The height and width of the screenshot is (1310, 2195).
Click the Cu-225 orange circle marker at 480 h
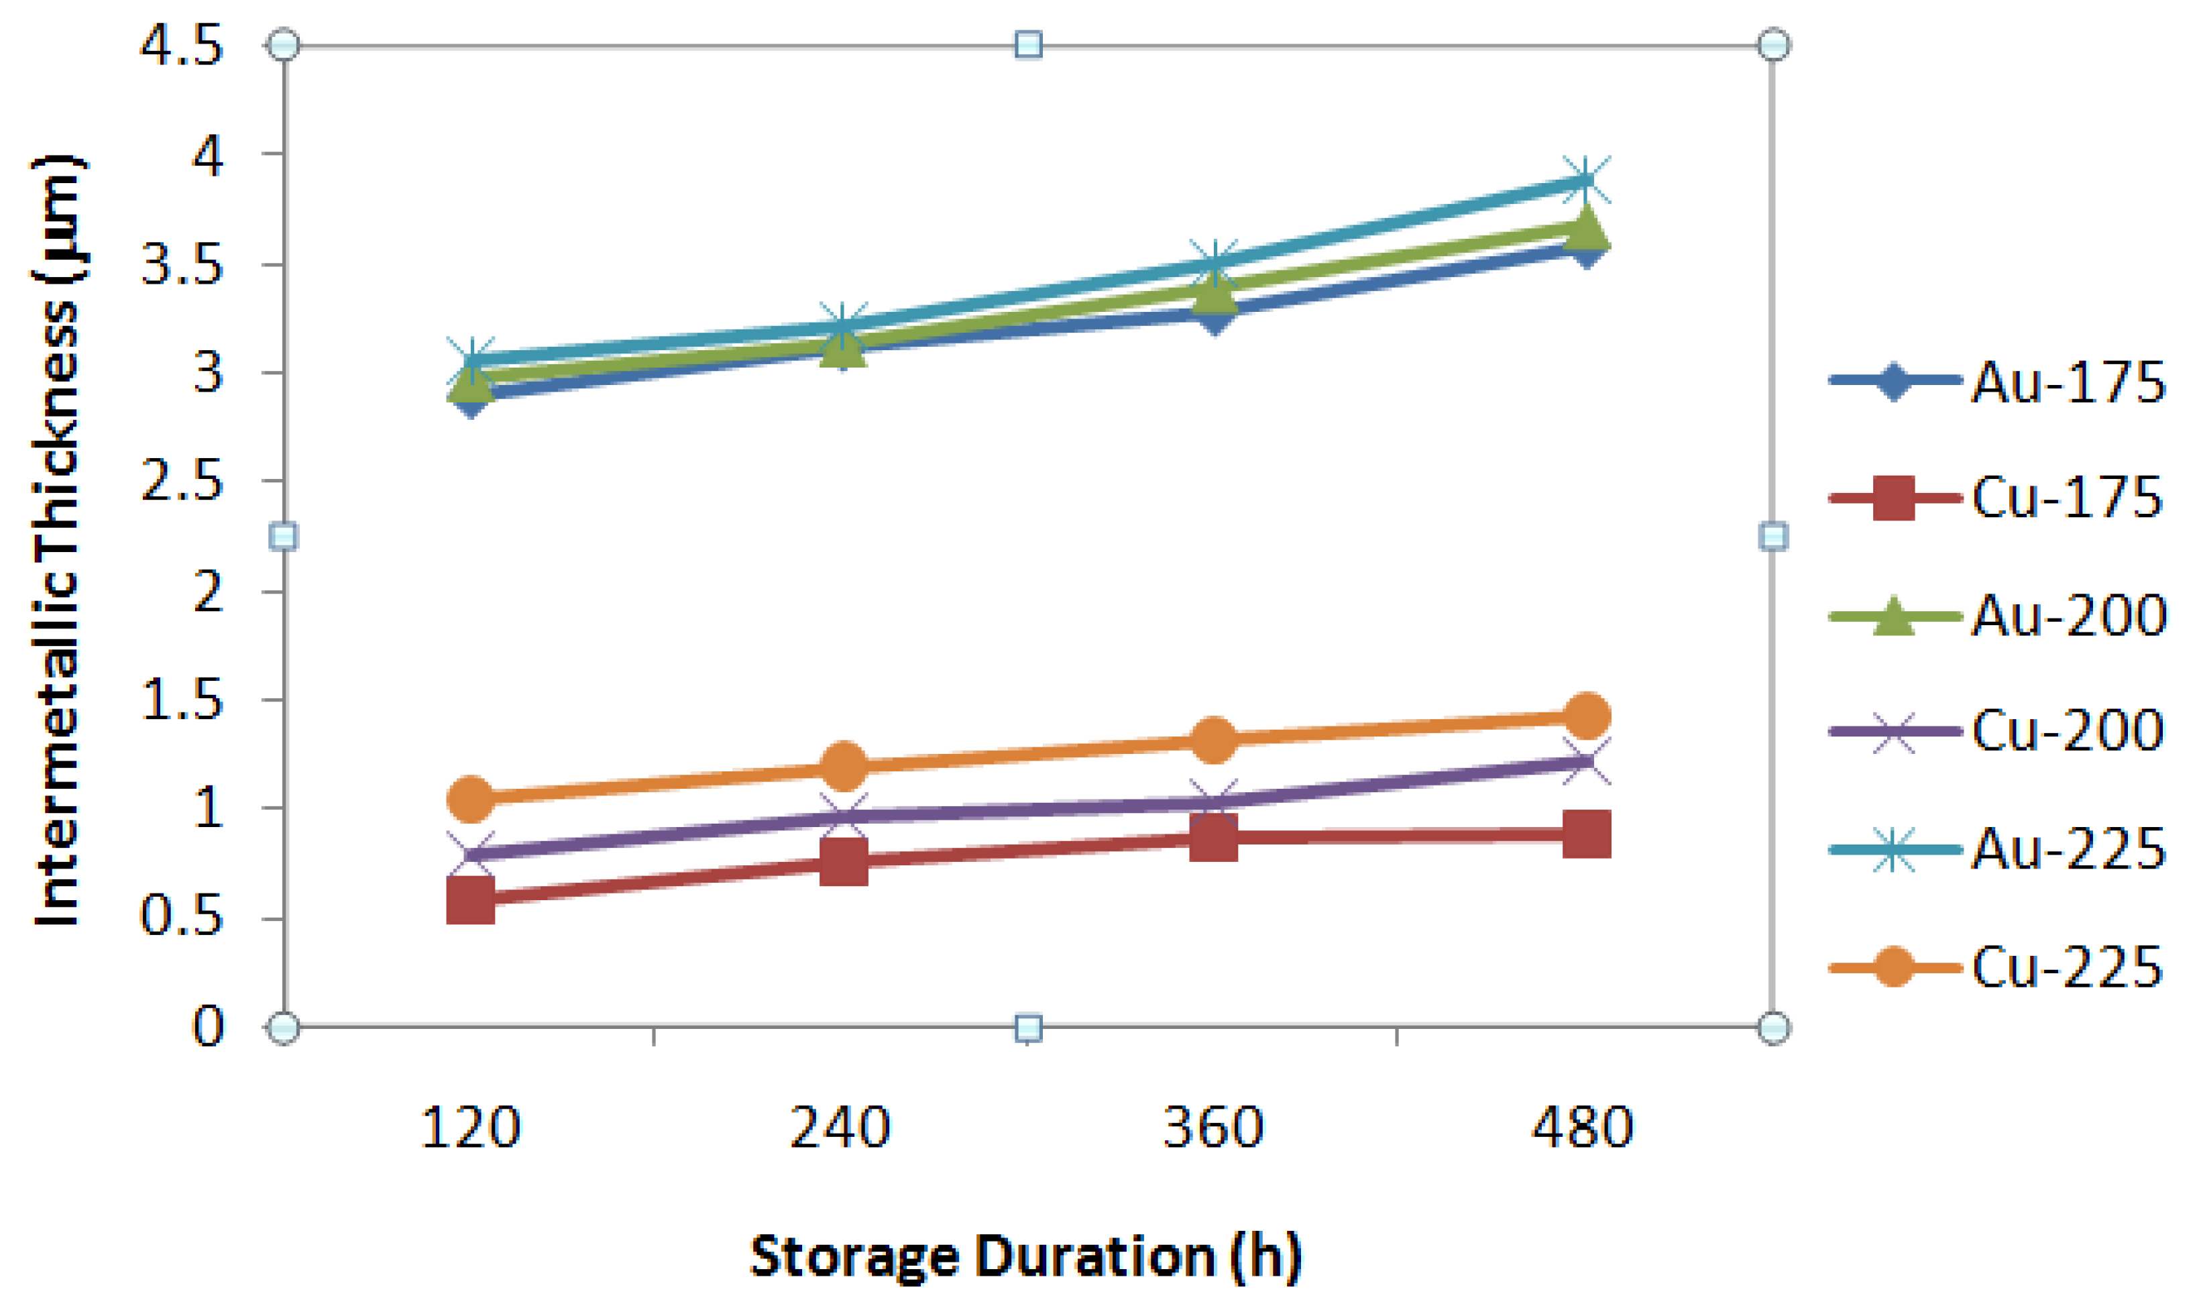tap(1586, 715)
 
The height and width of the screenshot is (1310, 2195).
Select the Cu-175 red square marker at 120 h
tap(470, 900)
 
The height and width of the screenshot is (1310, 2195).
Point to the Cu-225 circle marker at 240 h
tap(843, 765)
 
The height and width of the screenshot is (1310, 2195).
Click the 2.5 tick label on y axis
tap(182, 481)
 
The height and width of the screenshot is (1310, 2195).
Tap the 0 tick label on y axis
tap(209, 1027)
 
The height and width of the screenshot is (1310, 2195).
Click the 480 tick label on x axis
tap(1583, 1128)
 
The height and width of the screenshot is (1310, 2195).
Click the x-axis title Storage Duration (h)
tap(1025, 1256)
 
